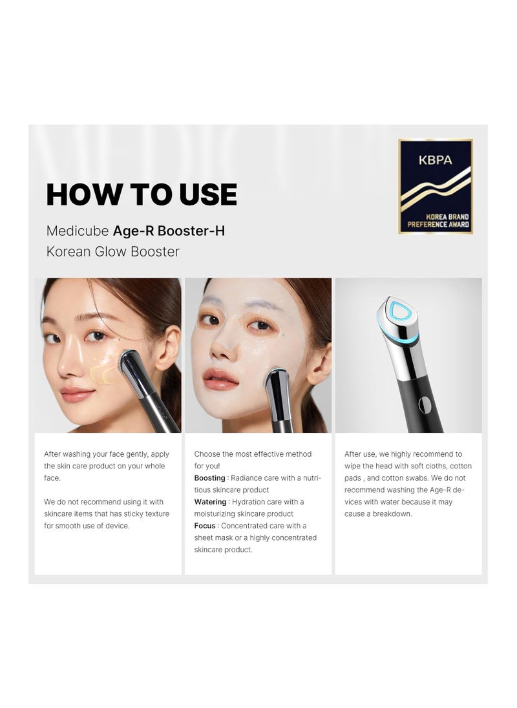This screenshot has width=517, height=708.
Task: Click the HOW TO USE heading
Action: coord(142,194)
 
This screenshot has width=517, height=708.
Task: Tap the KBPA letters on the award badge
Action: coord(436,160)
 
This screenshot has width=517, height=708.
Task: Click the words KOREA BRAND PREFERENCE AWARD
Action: coord(438,220)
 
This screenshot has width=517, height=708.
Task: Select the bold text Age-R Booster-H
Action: coord(169,231)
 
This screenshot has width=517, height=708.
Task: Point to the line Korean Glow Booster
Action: coord(113,251)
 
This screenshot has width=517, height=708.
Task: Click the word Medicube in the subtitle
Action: coord(78,231)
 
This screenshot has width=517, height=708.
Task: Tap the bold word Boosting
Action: coord(209,478)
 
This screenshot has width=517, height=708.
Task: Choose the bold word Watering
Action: coord(210,502)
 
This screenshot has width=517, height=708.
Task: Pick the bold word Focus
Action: coord(205,526)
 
